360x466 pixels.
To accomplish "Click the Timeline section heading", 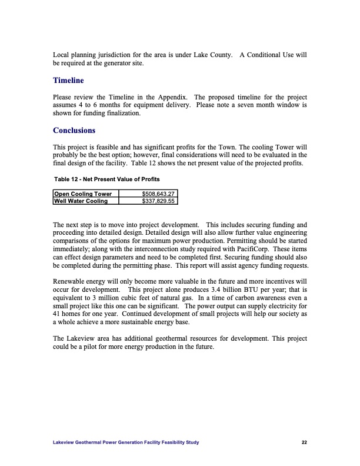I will pyautogui.click(x=68, y=80).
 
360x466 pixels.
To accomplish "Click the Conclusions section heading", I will pyautogui.click(x=74, y=130).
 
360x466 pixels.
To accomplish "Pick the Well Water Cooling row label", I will pyautogui.click(x=81, y=201).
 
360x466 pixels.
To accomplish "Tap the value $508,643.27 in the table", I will pyautogui.click(x=159, y=194).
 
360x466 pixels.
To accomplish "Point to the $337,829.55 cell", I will pyautogui.click(x=159, y=201).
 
